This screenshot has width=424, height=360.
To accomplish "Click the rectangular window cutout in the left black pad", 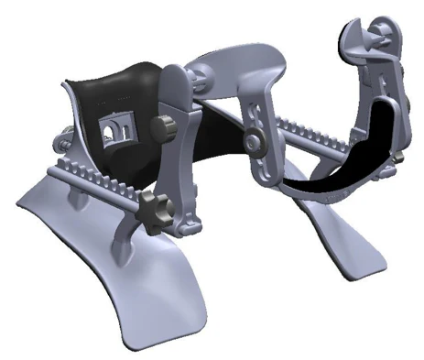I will [x=112, y=133].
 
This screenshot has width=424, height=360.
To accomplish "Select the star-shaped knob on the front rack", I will [x=150, y=204].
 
